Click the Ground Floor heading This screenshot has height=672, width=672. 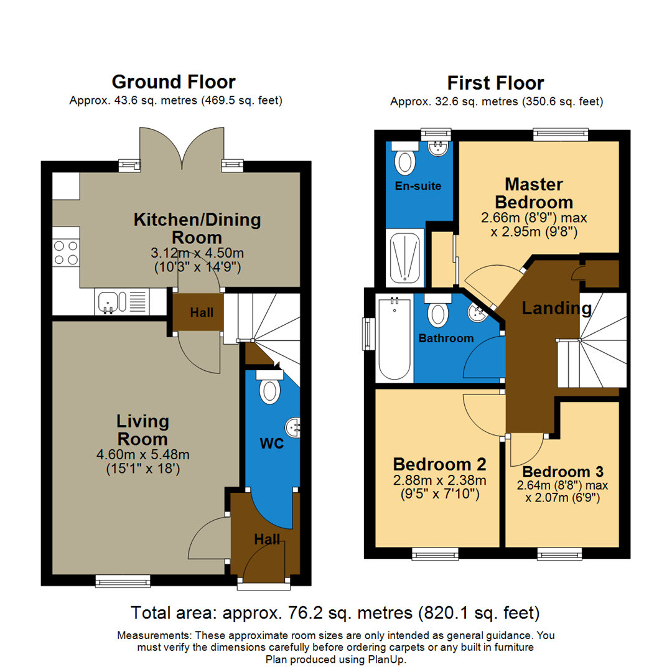[x=174, y=82]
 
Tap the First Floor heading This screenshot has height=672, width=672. [x=496, y=83]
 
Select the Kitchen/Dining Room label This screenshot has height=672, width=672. [x=197, y=228]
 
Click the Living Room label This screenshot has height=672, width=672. [x=142, y=430]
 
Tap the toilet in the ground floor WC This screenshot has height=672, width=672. [x=270, y=388]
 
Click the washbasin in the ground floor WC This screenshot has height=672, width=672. [x=292, y=427]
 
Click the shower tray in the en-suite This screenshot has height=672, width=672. [x=405, y=256]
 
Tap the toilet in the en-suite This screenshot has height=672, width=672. [x=406, y=159]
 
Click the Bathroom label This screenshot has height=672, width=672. [x=446, y=338]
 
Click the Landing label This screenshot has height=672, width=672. [x=556, y=307]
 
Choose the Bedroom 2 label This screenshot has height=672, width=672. [x=439, y=464]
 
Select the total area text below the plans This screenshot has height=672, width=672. [x=335, y=613]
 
